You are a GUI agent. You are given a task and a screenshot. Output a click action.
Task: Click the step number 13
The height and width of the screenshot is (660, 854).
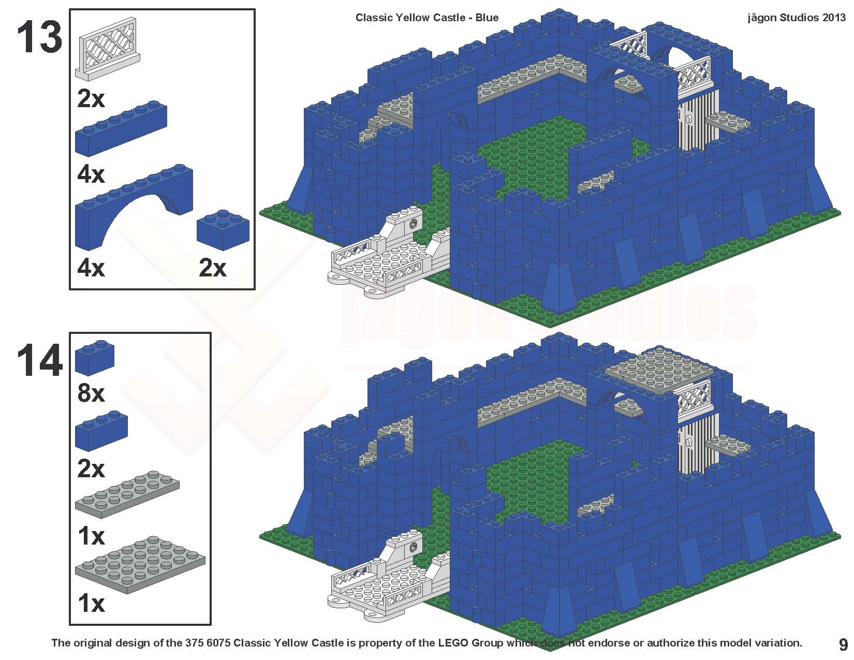click(39, 37)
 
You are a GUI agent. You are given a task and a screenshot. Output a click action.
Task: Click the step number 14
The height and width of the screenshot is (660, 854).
click(39, 360)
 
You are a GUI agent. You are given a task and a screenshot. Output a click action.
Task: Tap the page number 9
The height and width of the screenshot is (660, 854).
click(843, 645)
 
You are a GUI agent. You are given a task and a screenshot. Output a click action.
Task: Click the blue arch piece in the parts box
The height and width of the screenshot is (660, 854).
click(134, 207)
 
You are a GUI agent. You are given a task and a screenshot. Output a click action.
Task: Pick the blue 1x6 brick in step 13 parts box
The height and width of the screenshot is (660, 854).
click(121, 128)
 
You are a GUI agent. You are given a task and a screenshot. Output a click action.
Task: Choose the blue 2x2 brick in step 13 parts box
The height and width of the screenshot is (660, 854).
click(223, 230)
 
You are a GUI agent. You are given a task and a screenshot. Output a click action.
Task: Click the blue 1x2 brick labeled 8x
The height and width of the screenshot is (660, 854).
click(94, 358)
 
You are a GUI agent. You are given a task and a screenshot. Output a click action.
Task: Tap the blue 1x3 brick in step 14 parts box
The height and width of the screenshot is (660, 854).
click(101, 431)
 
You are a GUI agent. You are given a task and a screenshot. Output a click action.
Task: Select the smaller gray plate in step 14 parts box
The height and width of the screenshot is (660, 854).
click(127, 494)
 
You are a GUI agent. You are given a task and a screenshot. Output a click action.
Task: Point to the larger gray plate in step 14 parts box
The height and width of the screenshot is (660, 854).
click(140, 564)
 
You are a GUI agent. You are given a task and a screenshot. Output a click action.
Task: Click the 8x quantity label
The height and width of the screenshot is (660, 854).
click(91, 393)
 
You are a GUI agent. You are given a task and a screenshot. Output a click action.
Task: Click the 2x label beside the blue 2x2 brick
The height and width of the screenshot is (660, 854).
click(213, 268)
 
